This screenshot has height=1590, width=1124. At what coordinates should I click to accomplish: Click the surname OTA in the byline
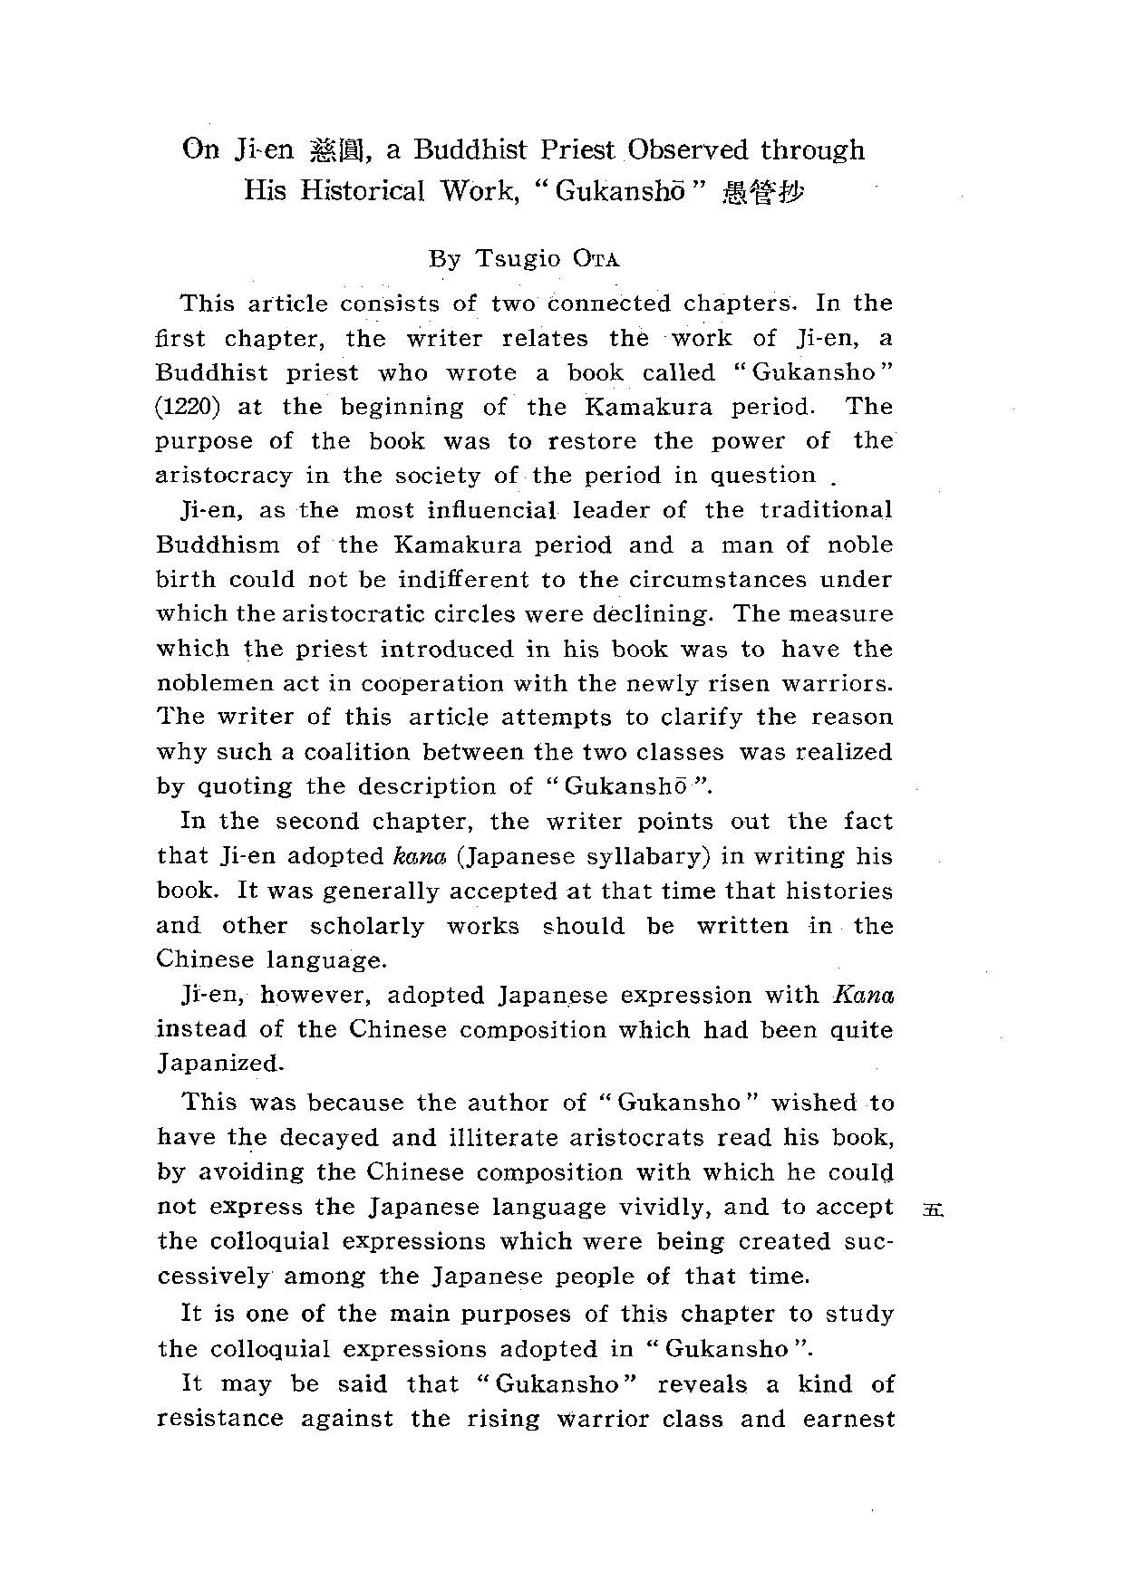597,259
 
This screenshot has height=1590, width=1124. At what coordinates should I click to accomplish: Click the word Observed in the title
688,149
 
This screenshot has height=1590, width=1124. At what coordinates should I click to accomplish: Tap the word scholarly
366,926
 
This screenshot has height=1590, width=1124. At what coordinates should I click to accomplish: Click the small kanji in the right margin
932,1209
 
